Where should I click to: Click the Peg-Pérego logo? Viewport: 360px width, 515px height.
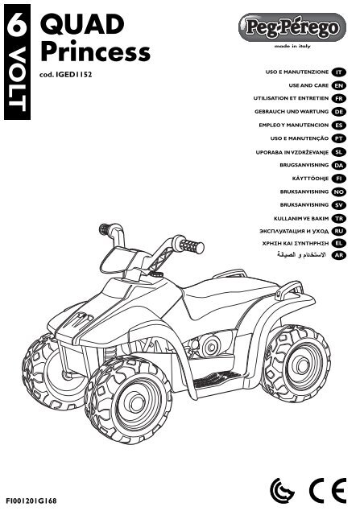292,27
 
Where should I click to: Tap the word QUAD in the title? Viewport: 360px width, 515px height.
82,24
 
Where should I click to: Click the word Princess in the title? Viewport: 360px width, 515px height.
95,51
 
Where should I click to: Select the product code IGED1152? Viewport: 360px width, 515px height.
74,75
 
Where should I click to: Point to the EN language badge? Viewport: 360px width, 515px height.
339,86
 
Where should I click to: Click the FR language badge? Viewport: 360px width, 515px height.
339,98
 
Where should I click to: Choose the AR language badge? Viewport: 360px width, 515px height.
339,255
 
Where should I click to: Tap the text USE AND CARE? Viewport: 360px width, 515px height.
308,85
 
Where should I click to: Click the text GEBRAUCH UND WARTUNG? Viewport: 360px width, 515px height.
292,112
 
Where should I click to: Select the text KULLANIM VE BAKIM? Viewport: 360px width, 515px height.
301,218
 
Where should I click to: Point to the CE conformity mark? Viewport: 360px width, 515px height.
328,490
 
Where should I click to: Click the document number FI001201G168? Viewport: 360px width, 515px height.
31,501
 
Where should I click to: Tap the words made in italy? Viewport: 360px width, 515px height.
292,47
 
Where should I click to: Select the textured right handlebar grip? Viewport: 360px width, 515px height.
192,246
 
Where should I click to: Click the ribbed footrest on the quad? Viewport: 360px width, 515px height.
217,380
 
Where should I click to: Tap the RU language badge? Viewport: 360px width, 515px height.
339,231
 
